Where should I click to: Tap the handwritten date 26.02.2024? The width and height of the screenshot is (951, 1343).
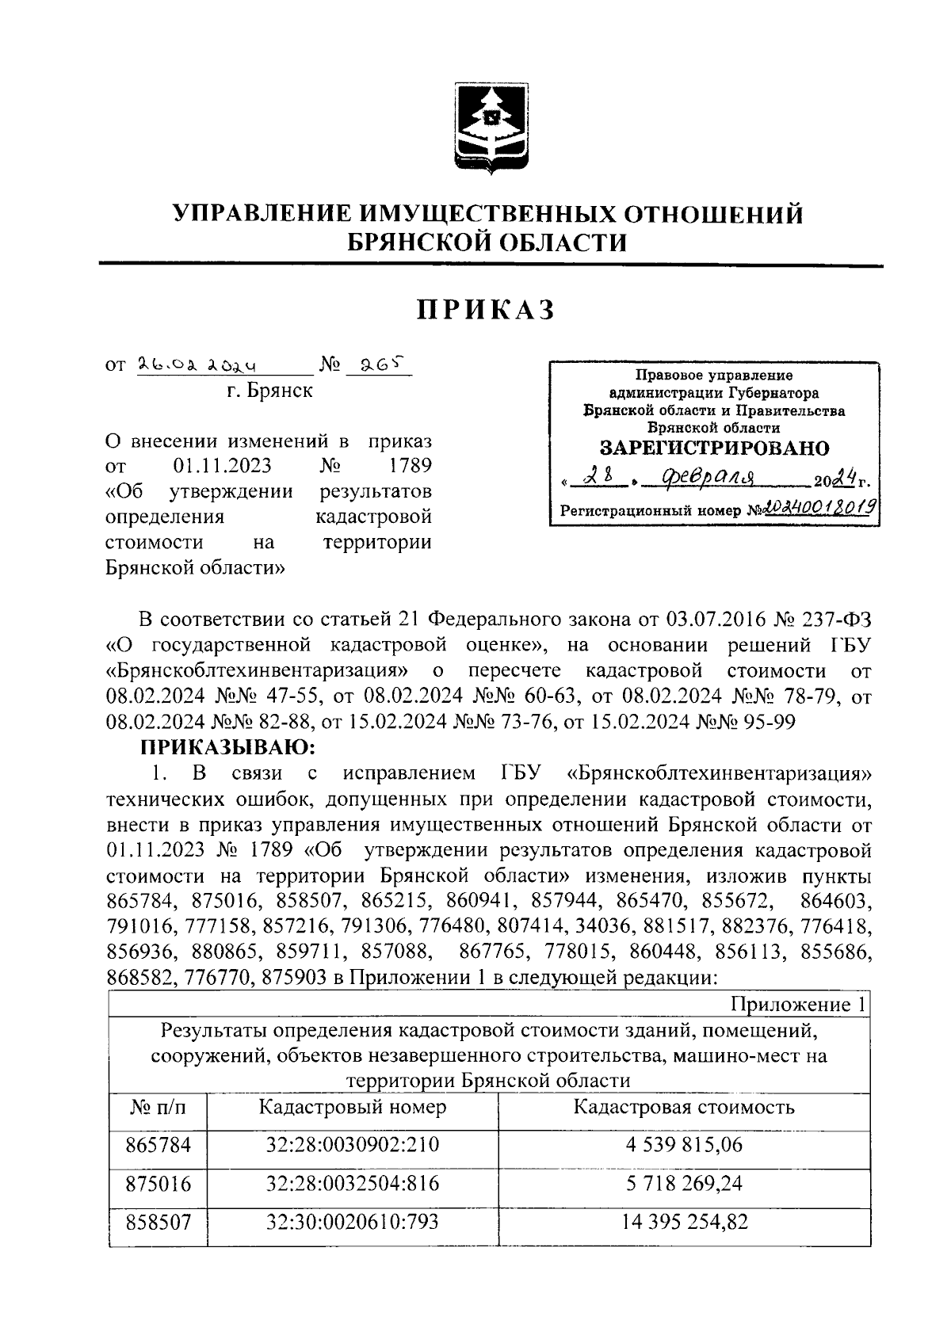(201, 365)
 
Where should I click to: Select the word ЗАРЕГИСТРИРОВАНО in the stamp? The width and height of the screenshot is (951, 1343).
(714, 448)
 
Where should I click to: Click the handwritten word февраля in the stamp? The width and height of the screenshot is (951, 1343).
(698, 477)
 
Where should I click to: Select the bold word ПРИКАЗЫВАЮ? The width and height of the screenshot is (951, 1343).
(229, 746)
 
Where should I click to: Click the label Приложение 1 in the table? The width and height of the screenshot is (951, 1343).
(797, 1005)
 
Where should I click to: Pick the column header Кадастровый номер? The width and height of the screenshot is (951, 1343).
(353, 1107)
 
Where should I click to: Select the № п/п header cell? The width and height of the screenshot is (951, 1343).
(158, 1108)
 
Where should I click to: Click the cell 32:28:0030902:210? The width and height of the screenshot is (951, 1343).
(353, 1145)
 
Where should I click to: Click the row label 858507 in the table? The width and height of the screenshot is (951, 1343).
(158, 1222)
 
